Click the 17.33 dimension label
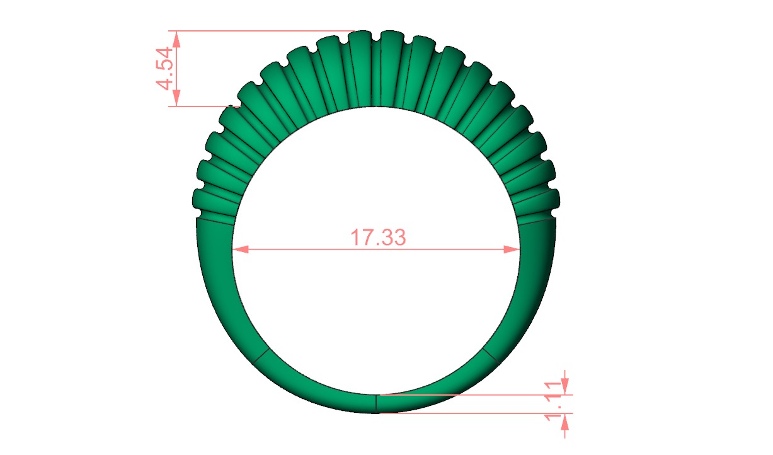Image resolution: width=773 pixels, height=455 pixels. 378,238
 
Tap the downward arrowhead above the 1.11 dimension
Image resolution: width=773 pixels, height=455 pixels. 565,387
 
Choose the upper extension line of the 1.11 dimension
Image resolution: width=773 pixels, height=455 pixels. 472,395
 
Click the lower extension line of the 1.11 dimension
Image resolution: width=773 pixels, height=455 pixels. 472,413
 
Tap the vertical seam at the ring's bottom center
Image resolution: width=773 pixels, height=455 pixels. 376,403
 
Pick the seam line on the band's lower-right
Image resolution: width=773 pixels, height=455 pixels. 490,354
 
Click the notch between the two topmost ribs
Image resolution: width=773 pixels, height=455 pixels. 376,38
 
